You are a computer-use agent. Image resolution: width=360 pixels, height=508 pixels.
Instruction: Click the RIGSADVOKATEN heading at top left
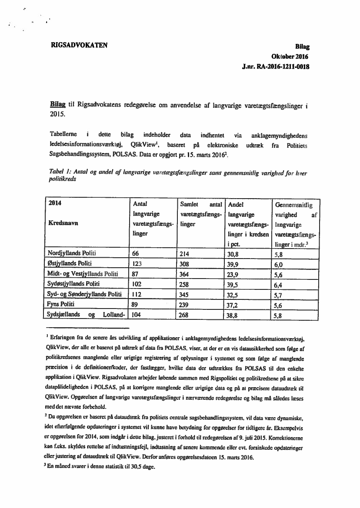[80, 44]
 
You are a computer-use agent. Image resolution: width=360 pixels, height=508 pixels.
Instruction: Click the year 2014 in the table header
[56, 203]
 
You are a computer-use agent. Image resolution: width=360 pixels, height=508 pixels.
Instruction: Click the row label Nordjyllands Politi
[72, 253]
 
